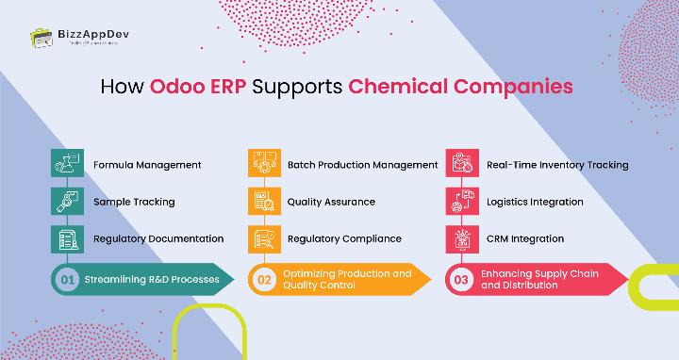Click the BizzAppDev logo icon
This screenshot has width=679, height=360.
[40, 39]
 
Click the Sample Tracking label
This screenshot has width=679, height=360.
[134, 202]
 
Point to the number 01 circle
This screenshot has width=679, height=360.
[67, 280]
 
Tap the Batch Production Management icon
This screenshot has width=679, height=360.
[262, 164]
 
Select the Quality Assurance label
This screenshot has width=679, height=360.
[331, 202]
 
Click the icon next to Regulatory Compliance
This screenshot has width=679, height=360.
[262, 238]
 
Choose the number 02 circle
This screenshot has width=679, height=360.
[264, 280]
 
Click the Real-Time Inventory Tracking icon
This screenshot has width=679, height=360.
[459, 164]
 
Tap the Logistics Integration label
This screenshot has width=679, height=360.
[535, 202]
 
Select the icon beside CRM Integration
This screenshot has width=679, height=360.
[459, 238]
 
